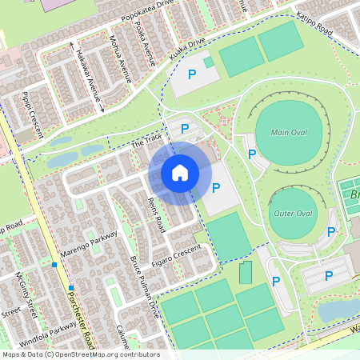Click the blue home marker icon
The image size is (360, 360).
point(180,172)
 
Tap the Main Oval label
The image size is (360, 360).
point(290,133)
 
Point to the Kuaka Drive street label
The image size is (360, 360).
point(187,51)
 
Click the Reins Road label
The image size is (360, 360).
point(156,214)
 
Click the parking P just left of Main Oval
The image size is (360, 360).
point(252,154)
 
